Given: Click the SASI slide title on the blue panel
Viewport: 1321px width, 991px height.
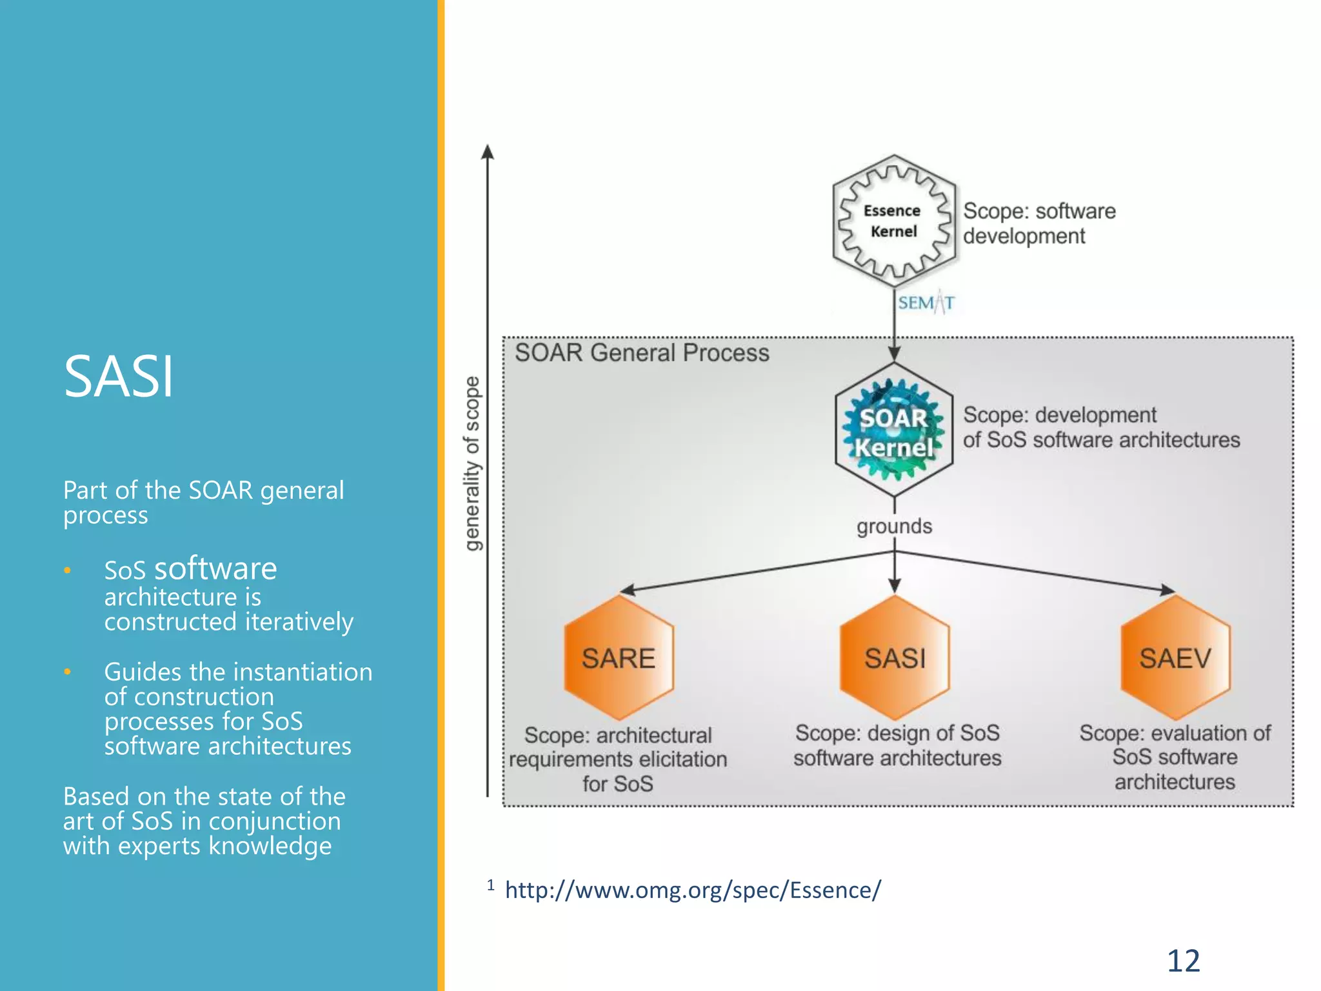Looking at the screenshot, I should pyautogui.click(x=119, y=377).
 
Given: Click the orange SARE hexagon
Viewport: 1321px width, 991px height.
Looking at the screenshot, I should pyautogui.click(x=619, y=658).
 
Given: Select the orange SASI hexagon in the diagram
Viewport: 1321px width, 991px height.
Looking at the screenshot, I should pyautogui.click(x=895, y=658).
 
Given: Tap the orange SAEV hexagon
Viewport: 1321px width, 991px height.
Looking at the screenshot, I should pyautogui.click(x=1175, y=658).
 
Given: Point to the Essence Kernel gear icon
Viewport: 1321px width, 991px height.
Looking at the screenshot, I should pyautogui.click(x=894, y=221).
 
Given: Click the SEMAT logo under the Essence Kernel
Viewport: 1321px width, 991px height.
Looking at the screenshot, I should pyautogui.click(x=926, y=303).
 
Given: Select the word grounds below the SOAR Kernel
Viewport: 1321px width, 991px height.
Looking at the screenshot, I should pyautogui.click(x=894, y=526).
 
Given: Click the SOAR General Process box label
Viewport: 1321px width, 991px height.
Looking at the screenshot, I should pyautogui.click(x=642, y=353).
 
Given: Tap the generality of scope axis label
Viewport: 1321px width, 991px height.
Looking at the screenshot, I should pyautogui.click(x=473, y=463).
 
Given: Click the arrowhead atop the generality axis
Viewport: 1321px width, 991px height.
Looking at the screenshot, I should pyautogui.click(x=488, y=152).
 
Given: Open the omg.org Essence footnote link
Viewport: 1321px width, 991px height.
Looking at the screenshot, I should pyautogui.click(x=693, y=890).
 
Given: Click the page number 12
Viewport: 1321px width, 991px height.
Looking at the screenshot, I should pyautogui.click(x=1183, y=961).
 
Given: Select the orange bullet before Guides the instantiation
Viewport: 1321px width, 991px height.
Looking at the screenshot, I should pyautogui.click(x=67, y=672).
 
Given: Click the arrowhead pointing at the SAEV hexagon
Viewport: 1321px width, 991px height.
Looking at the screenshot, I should pyautogui.click(x=1167, y=590).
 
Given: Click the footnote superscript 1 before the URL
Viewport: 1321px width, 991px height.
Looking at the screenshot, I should pyautogui.click(x=491, y=885).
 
